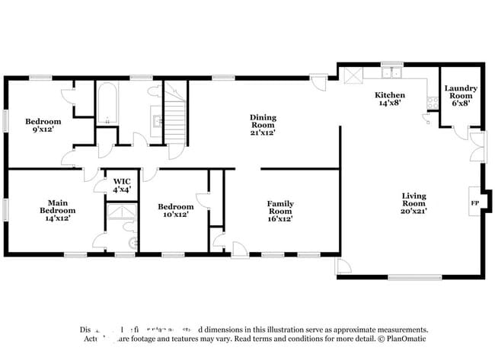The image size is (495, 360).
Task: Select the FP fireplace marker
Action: pos(474,204)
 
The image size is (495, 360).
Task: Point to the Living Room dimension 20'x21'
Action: pos(414,211)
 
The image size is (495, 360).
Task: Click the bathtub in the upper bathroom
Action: pos(106,103)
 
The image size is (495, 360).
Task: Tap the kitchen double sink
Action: pos(392,74)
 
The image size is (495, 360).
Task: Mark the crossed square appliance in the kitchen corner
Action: pos(353,76)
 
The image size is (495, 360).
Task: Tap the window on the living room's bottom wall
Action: pos(414,276)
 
